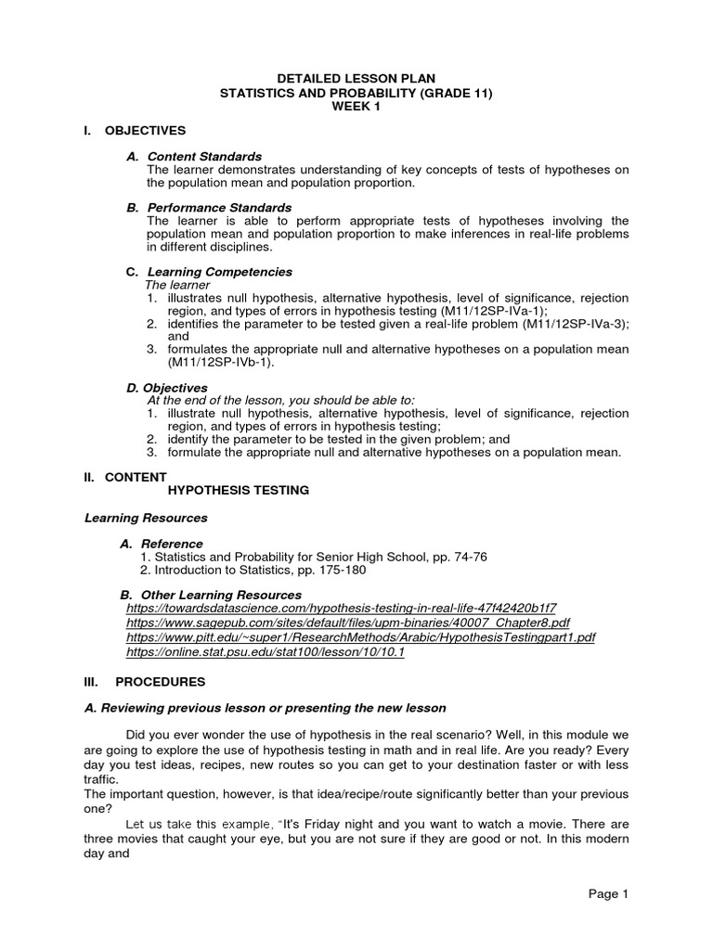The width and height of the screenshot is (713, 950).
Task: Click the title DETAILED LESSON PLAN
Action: (x=356, y=80)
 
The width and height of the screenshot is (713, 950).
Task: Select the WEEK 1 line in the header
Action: (x=356, y=107)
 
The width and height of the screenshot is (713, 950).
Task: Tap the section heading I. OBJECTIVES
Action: (x=136, y=130)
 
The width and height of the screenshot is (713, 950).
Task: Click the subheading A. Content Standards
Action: (x=194, y=157)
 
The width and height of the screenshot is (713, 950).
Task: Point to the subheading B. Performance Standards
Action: (x=209, y=208)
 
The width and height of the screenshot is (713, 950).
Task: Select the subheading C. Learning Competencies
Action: (x=209, y=272)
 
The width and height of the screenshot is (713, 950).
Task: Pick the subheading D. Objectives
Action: (x=167, y=388)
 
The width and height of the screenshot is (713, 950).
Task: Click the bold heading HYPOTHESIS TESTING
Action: (x=238, y=489)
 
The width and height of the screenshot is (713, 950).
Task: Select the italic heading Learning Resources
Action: (x=146, y=518)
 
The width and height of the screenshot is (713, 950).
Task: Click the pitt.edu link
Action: (x=360, y=638)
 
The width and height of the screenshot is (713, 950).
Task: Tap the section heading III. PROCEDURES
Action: (x=144, y=682)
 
